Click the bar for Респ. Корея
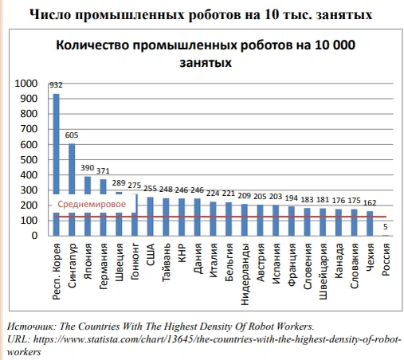(x=56, y=165)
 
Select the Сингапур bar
(x=72, y=190)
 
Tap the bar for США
(x=151, y=217)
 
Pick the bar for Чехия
(x=370, y=224)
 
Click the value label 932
(x=56, y=85)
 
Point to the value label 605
(x=72, y=135)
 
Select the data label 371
(x=103, y=171)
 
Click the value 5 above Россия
(x=386, y=227)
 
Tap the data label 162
(x=370, y=203)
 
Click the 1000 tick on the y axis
(x=26, y=84)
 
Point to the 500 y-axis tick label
(x=29, y=160)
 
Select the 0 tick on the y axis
(x=34, y=236)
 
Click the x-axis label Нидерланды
(x=245, y=274)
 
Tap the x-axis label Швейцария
(x=323, y=272)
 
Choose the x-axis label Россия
(x=386, y=260)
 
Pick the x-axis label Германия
(x=104, y=266)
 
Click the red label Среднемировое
(x=92, y=204)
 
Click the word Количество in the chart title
(x=92, y=45)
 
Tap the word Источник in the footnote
(x=32, y=327)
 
